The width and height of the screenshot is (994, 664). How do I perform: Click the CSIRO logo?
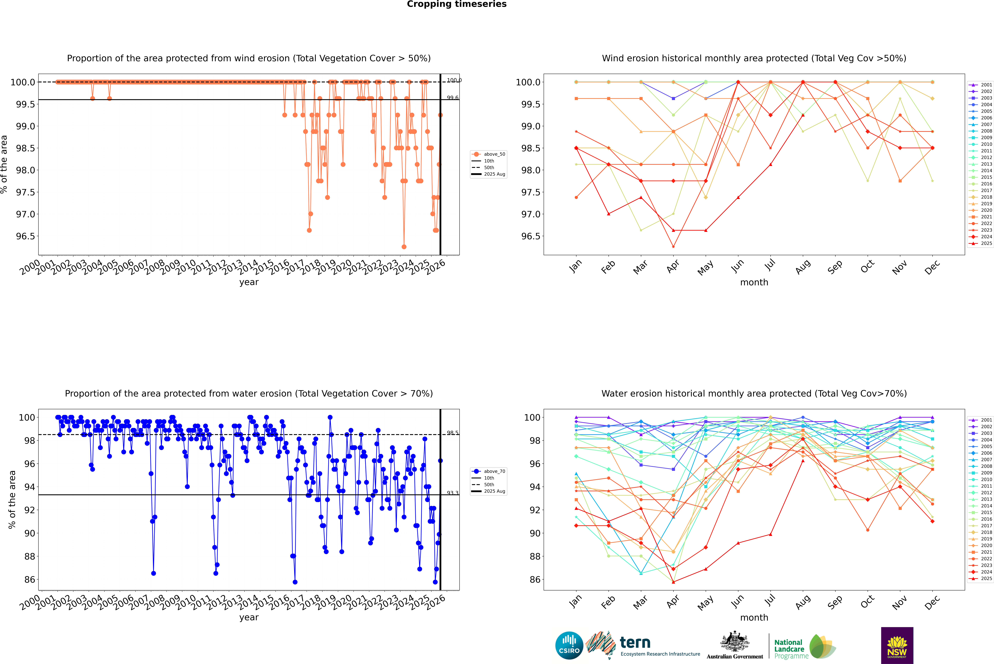(x=569, y=645)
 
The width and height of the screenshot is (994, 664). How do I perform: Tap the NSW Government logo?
(x=897, y=645)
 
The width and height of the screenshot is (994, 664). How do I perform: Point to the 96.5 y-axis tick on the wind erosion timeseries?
(x=25, y=236)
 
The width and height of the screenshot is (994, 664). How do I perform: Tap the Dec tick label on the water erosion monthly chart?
(x=932, y=602)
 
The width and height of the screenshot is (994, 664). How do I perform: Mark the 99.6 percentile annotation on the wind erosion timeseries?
(x=452, y=98)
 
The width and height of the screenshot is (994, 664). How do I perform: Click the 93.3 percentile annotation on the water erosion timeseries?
(x=452, y=493)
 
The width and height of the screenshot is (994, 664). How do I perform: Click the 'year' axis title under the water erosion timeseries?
(x=249, y=617)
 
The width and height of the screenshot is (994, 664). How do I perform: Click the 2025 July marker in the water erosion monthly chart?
(x=770, y=534)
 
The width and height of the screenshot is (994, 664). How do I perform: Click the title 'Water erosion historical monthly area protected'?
(x=754, y=393)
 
